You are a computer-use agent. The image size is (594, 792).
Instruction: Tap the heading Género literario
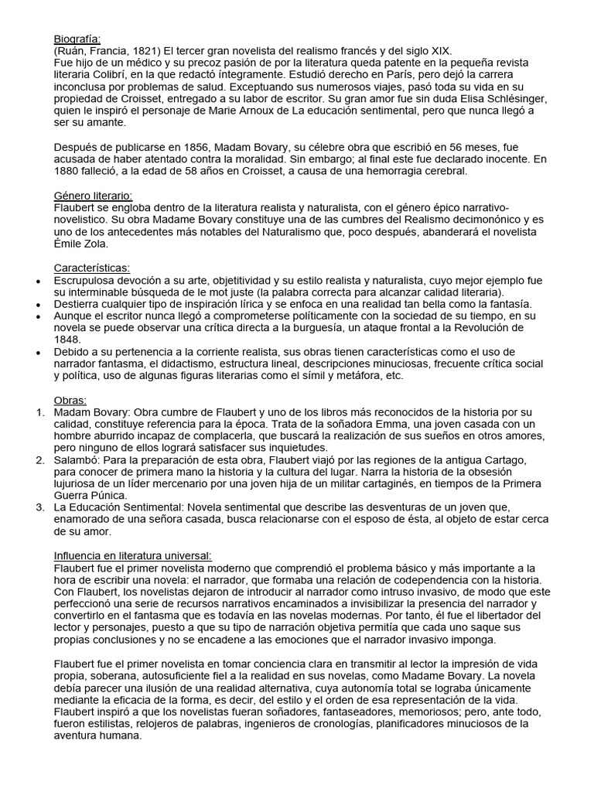coord(93,196)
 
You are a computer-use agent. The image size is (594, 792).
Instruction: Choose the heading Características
coord(92,268)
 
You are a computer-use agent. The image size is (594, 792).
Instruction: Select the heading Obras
coord(70,400)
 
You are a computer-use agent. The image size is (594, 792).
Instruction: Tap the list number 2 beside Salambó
coord(40,461)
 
